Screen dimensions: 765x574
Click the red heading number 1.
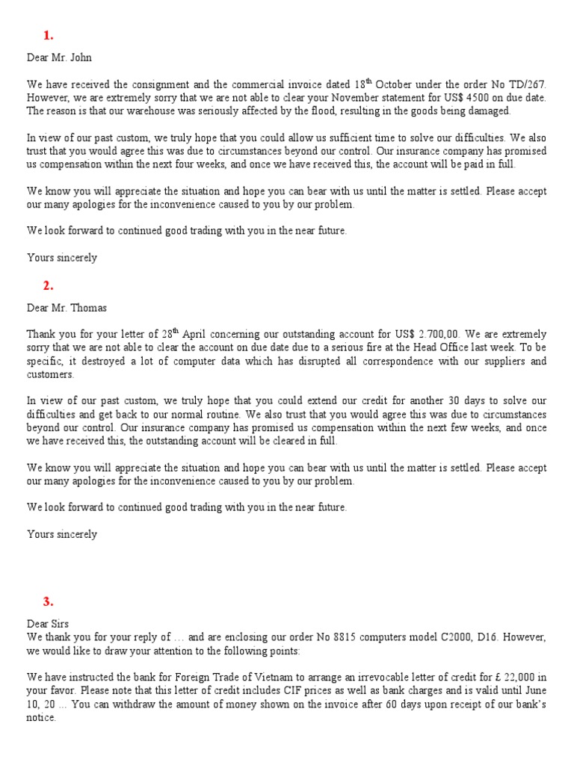coord(49,35)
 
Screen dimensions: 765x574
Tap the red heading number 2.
coord(49,285)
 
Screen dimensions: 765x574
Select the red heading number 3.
coord(49,602)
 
